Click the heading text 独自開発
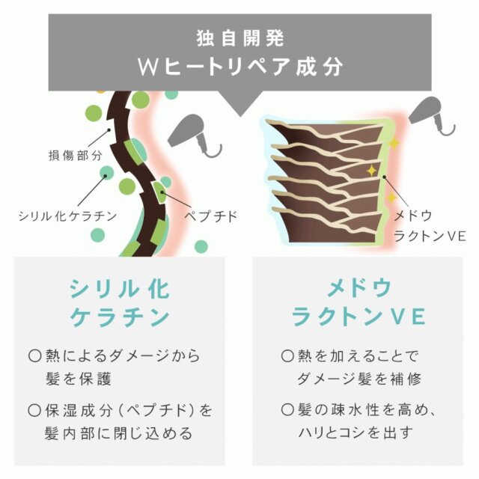point(240,38)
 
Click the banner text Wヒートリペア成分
point(240,67)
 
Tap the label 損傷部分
point(76,156)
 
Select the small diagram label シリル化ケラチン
point(68,216)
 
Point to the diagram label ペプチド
point(211,216)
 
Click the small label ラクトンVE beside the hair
point(430,236)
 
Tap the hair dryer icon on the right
point(431,115)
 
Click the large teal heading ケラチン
point(120,317)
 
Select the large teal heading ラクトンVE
point(358,317)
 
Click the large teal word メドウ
point(359,288)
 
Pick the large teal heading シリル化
point(120,289)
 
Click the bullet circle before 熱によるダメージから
point(34,356)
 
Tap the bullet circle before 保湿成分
point(34,410)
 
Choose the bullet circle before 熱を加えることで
point(287,356)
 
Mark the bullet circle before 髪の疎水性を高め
point(287,410)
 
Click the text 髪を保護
point(78,379)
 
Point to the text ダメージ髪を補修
point(359,379)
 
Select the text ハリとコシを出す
point(356,433)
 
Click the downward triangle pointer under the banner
point(240,103)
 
